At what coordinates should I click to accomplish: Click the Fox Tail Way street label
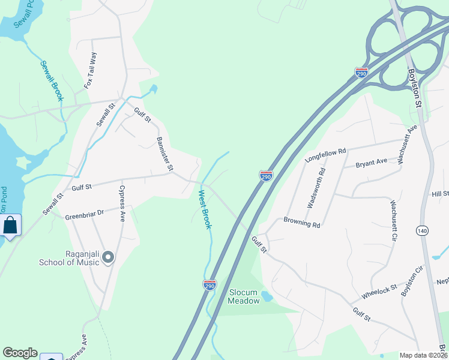point(91,71)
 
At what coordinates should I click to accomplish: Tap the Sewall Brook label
point(52,80)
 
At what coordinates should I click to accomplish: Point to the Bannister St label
point(164,154)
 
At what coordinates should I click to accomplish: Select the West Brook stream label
point(205,209)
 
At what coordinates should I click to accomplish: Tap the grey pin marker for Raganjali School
point(108,257)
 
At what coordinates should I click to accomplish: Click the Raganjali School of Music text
point(68,257)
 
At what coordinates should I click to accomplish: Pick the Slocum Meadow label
point(244,296)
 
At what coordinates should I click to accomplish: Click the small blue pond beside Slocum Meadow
point(267,296)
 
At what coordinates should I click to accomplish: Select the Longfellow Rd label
point(325,155)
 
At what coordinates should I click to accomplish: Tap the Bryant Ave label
point(372,163)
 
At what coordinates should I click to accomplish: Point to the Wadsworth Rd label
point(316,187)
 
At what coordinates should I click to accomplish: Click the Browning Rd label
point(302,223)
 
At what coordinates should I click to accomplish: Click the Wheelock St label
point(379,292)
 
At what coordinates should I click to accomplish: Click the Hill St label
point(440,194)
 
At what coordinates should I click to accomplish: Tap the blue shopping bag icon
point(10,226)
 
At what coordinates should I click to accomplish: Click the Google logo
point(20,353)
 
